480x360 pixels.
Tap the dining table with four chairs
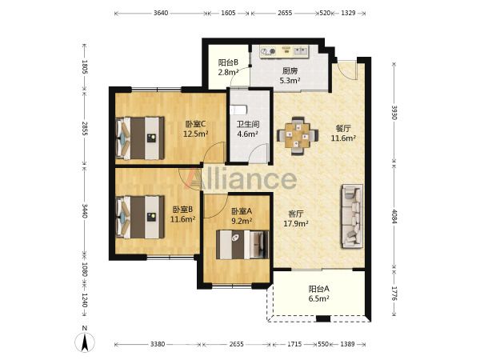click(x=298, y=136)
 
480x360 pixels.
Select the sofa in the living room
click(x=352, y=216)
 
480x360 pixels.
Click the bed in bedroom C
click(x=140, y=138)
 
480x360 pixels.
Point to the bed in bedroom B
click(x=140, y=217)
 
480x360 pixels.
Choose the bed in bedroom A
click(x=242, y=245)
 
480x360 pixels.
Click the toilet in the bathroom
click(x=238, y=110)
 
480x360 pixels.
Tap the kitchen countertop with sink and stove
click(x=284, y=51)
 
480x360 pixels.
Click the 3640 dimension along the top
click(x=161, y=13)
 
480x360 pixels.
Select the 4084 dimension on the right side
click(x=394, y=217)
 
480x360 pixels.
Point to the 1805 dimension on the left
click(x=85, y=66)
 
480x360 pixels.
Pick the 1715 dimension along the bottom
click(x=294, y=344)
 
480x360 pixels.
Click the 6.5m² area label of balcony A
click(x=318, y=298)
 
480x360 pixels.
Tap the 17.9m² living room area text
click(x=296, y=223)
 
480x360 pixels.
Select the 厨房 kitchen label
click(x=290, y=71)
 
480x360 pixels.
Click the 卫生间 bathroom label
click(x=248, y=124)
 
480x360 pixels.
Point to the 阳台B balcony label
click(x=228, y=62)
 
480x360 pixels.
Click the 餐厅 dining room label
click(x=343, y=128)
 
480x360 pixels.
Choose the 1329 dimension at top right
click(x=348, y=13)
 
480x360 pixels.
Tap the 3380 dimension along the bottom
click(x=158, y=344)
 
